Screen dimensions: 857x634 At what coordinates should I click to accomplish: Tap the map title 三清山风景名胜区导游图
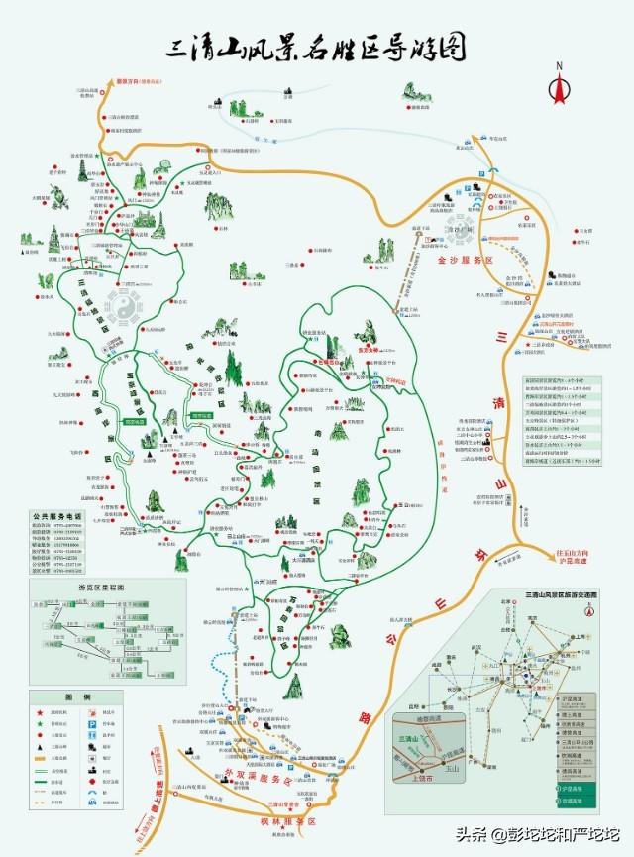click(316, 46)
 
